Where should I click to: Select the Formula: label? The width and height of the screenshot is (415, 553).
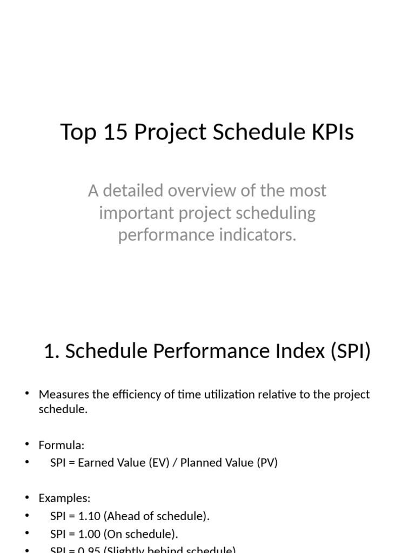coord(62,446)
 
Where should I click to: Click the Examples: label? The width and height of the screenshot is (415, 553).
coord(64,498)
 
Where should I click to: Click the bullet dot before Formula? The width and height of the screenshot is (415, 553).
coord(26,445)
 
